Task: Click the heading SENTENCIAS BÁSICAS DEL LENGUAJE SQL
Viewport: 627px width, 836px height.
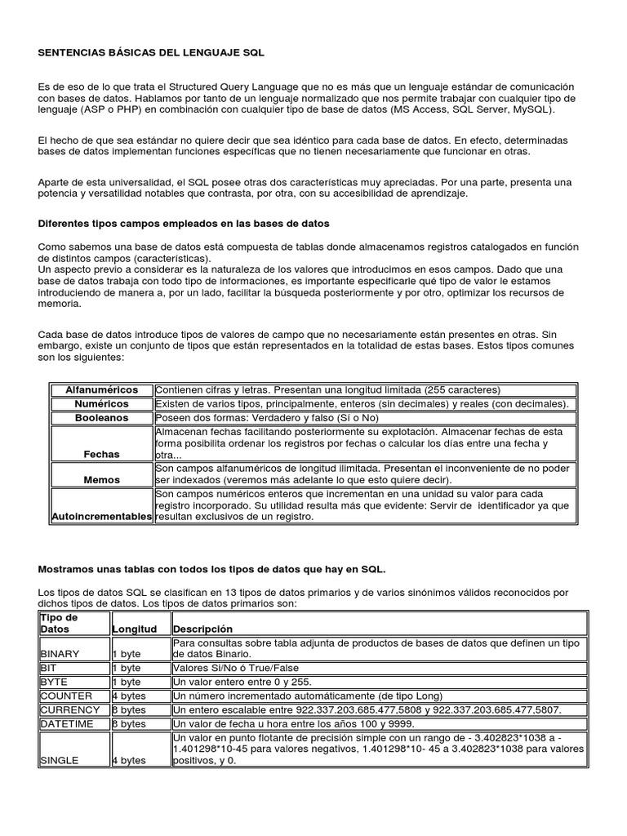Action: click(152, 51)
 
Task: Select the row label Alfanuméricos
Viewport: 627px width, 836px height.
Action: click(102, 390)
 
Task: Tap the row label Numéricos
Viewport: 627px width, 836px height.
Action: click(102, 404)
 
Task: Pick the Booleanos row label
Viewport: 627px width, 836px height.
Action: click(102, 417)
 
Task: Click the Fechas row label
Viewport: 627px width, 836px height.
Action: click(102, 454)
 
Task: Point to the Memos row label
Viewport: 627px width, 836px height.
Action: click(102, 480)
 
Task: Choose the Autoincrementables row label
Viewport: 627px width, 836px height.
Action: click(102, 517)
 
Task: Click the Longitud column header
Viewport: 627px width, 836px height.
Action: click(134, 629)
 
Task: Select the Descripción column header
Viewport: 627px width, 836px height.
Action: click(202, 629)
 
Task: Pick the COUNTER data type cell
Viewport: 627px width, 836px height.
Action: click(64, 695)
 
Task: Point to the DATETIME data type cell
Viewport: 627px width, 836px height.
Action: click(67, 723)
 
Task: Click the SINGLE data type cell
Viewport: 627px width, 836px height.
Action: click(59, 760)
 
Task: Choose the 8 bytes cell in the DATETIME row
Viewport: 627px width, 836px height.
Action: click(128, 723)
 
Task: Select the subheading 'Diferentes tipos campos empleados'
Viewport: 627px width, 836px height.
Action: click(184, 223)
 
